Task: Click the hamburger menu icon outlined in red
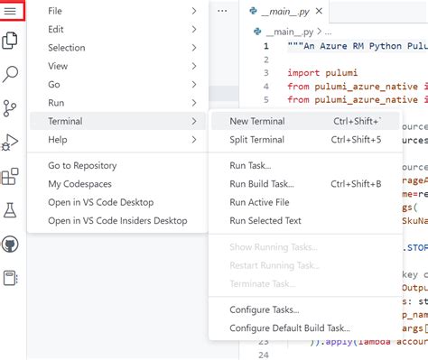pyautogui.click(x=12, y=12)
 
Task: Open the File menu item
pyautogui.click(x=55, y=11)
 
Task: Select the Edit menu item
pyautogui.click(x=55, y=29)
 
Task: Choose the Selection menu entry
pyautogui.click(x=67, y=48)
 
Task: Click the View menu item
pyautogui.click(x=58, y=66)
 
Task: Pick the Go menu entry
pyautogui.click(x=54, y=84)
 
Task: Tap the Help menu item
pyautogui.click(x=58, y=140)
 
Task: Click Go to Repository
pyautogui.click(x=88, y=166)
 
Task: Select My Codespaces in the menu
pyautogui.click(x=82, y=184)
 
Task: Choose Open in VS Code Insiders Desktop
pyautogui.click(x=117, y=220)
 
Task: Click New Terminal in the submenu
pyautogui.click(x=257, y=121)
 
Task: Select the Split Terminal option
pyautogui.click(x=258, y=140)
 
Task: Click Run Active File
pyautogui.click(x=259, y=202)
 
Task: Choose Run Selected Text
pyautogui.click(x=265, y=220)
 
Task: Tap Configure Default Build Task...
pyautogui.click(x=290, y=328)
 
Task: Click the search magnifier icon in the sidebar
pyautogui.click(x=12, y=74)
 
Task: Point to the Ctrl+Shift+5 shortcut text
pyautogui.click(x=356, y=140)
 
